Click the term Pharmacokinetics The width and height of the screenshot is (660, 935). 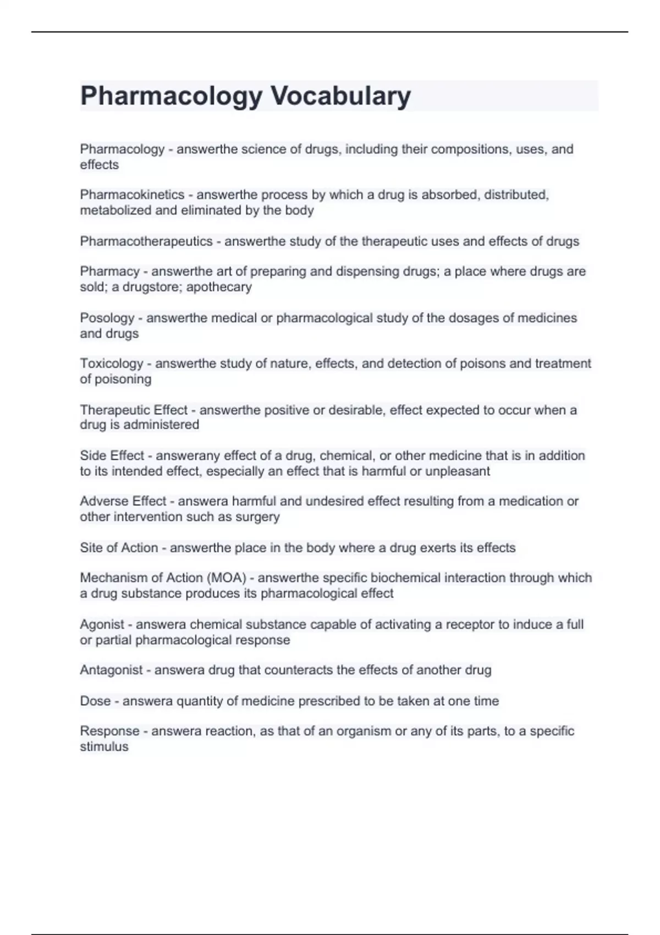point(132,195)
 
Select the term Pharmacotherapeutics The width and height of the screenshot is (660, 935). point(146,241)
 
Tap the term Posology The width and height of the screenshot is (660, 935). point(107,318)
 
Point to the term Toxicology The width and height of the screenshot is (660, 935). point(112,364)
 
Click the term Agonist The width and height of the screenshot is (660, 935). point(102,625)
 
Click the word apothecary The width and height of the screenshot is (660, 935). point(219,287)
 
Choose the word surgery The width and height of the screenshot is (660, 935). point(257,517)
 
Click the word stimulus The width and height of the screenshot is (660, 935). point(104,747)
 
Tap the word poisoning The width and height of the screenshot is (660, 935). point(123,379)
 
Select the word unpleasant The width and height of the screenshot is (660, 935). point(458,471)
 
